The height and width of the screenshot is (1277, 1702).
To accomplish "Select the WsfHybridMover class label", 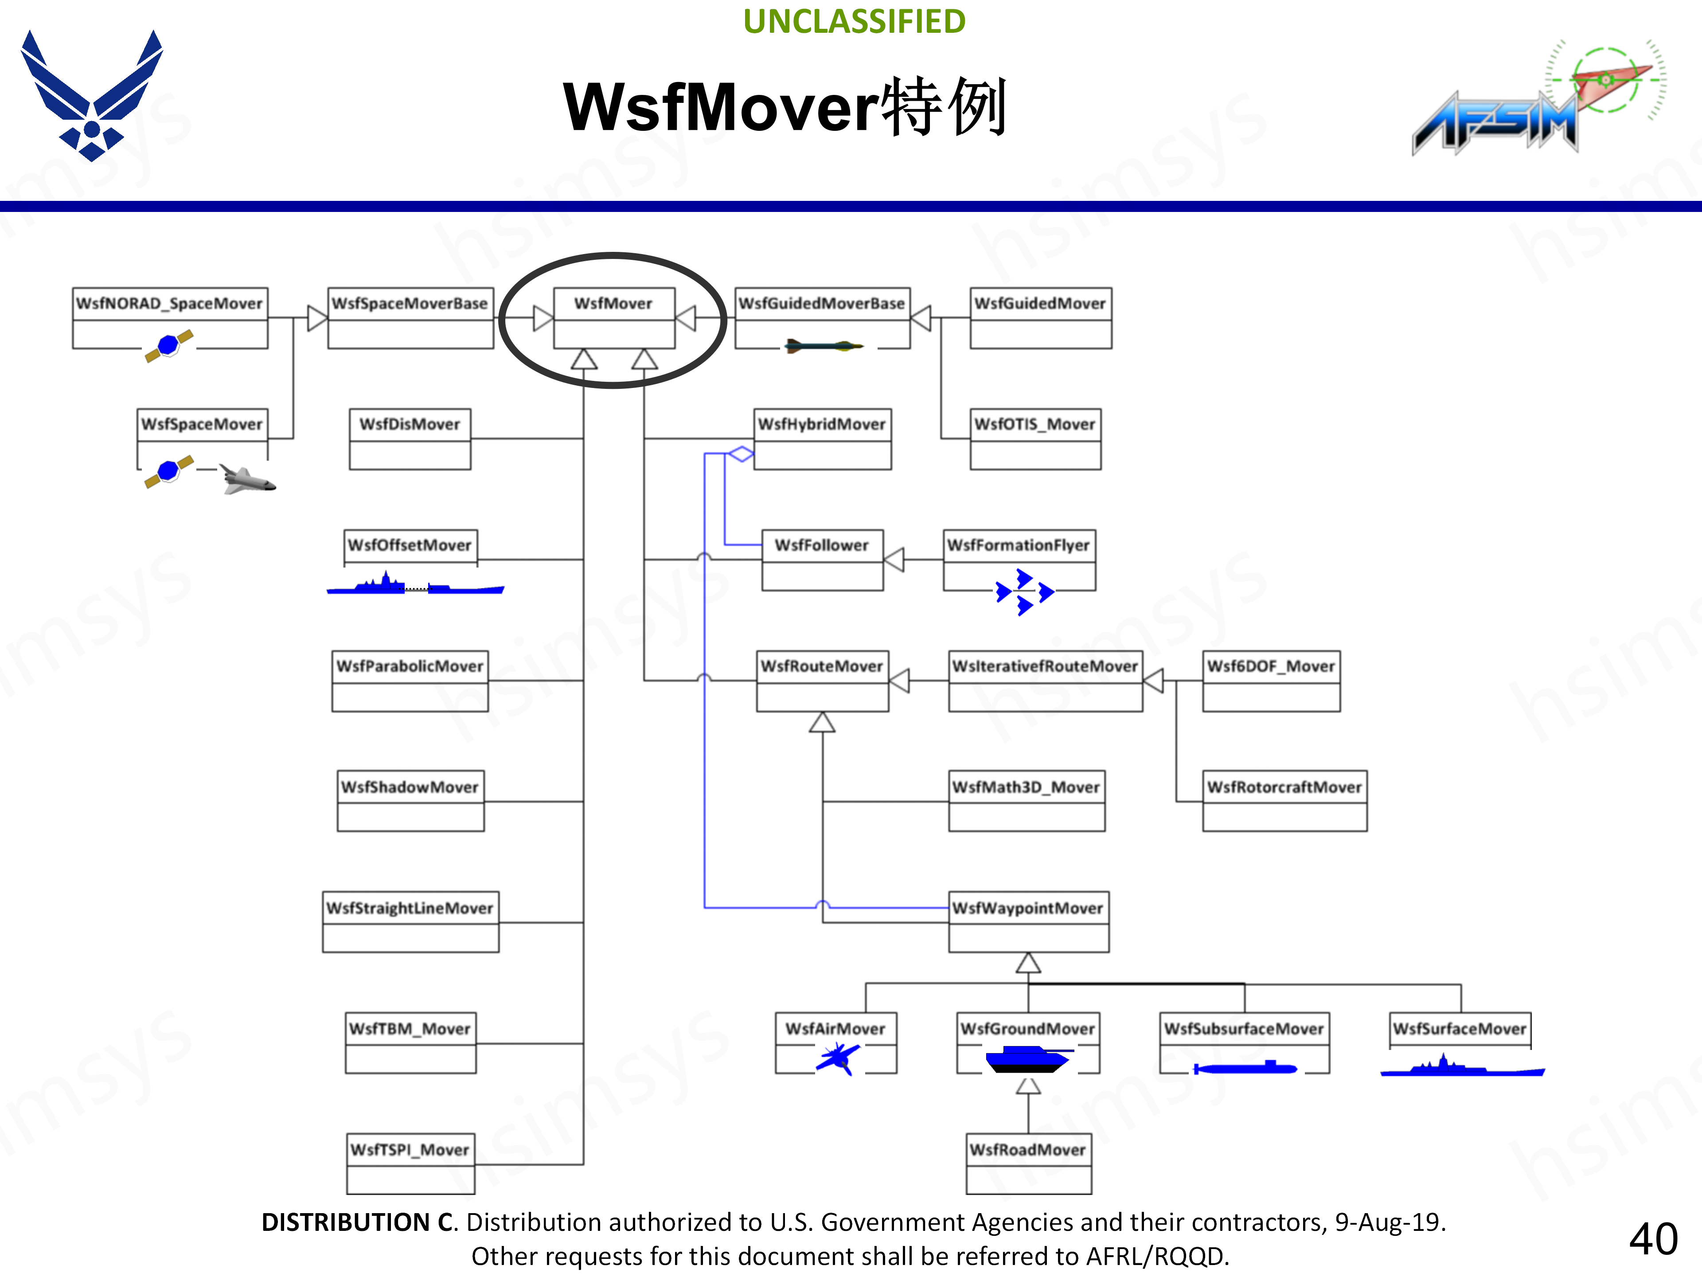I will (822, 424).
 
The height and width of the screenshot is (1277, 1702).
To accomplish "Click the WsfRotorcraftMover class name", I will (1284, 787).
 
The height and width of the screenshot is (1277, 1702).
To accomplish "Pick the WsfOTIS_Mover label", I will (1035, 424).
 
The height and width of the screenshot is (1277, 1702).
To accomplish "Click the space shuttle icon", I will (246, 479).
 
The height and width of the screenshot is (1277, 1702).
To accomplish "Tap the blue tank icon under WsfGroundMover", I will (1028, 1060).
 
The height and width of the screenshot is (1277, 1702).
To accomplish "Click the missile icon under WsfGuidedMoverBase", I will (824, 346).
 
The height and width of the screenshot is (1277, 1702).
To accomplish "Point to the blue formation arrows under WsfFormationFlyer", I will (1024, 592).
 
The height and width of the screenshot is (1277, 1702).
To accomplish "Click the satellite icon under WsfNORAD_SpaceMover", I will (168, 345).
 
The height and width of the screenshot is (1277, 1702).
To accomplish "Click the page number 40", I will (1653, 1239).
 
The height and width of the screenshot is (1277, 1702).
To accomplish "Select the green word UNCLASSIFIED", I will (854, 22).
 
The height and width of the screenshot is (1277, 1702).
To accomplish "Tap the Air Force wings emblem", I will (92, 95).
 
